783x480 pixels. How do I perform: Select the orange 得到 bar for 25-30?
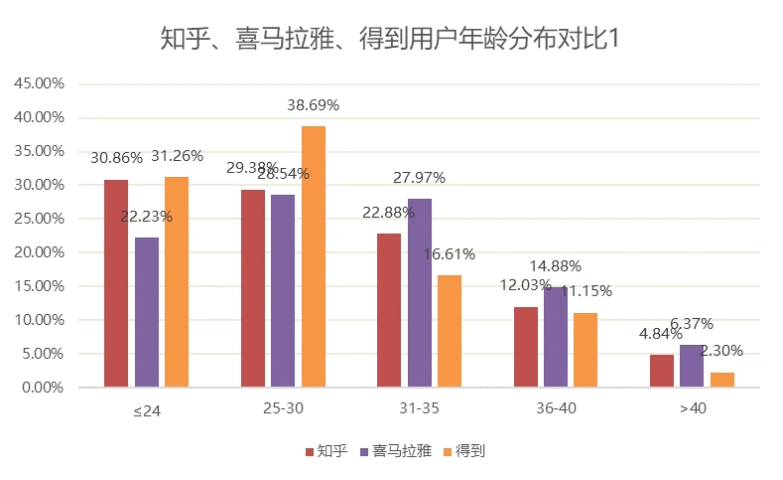click(x=314, y=256)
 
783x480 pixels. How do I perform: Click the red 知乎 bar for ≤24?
click(x=116, y=283)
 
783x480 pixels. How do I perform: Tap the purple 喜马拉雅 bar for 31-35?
click(x=420, y=292)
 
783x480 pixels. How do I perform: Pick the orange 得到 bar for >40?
click(x=722, y=380)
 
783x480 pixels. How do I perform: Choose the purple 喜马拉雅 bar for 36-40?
click(x=556, y=337)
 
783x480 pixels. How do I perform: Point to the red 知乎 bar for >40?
click(x=662, y=371)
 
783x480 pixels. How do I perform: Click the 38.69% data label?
click(x=314, y=104)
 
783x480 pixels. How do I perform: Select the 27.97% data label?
click(x=420, y=178)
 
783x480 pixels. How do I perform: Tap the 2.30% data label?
click(x=721, y=351)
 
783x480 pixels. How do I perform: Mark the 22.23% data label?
click(x=147, y=216)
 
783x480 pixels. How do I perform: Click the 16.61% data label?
click(x=450, y=253)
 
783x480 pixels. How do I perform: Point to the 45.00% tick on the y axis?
click(x=40, y=83)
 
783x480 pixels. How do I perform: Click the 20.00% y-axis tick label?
click(x=40, y=252)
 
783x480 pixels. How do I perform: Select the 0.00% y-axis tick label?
click(x=43, y=388)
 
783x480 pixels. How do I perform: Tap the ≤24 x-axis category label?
click(x=147, y=411)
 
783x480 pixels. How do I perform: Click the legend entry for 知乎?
click(x=326, y=451)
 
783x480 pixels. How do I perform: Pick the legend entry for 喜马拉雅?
click(x=394, y=451)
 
